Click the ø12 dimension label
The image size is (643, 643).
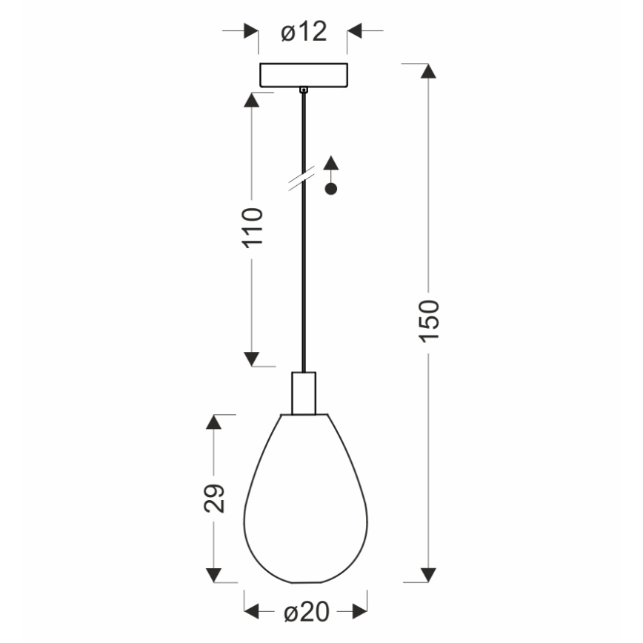click(x=304, y=33)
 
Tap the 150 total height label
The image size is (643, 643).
click(x=429, y=321)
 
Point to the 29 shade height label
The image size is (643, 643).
click(x=214, y=499)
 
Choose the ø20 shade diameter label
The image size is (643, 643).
click(x=305, y=612)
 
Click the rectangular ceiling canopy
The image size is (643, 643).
click(x=303, y=75)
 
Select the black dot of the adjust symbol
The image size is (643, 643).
click(x=331, y=189)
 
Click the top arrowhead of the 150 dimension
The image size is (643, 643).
click(x=427, y=72)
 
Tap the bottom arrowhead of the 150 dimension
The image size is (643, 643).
click(x=427, y=576)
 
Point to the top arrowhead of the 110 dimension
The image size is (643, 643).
click(x=253, y=101)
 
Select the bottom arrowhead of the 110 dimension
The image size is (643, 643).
click(x=253, y=359)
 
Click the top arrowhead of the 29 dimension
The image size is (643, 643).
click(x=214, y=422)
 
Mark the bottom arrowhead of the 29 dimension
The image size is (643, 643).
click(x=214, y=576)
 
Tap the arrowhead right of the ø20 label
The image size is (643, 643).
click(x=359, y=612)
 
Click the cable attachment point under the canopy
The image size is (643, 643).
click(x=303, y=90)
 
